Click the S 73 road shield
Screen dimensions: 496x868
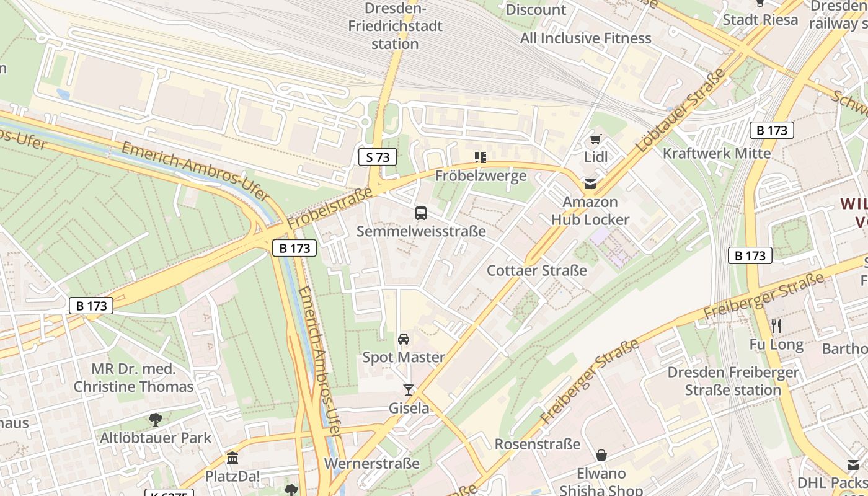[x=378, y=157]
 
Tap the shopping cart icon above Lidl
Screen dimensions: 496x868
[x=596, y=139]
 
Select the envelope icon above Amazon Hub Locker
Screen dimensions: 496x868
[x=590, y=184]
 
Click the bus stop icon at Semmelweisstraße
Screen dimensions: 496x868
[x=421, y=213]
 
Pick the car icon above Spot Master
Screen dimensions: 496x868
[x=404, y=339]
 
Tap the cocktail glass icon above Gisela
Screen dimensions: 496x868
[x=408, y=390]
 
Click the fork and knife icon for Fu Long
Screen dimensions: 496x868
[x=776, y=326]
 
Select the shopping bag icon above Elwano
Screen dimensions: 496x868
[x=601, y=455]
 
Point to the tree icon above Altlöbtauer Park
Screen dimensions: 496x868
[x=156, y=420]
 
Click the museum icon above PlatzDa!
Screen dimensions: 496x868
[x=232, y=458]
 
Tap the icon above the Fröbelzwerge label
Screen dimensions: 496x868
[x=480, y=157]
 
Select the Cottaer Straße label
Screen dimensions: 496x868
[x=536, y=270]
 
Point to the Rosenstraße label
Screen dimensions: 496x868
[x=537, y=444]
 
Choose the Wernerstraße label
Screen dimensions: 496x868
[x=372, y=463]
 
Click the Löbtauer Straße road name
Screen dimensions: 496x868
[x=680, y=112]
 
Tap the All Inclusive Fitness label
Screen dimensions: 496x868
[x=585, y=38]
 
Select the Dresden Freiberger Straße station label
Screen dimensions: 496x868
[x=733, y=381]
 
